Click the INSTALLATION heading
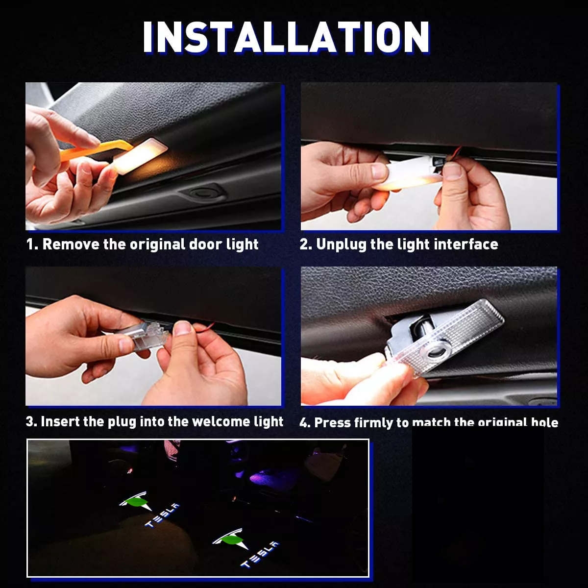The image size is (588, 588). (x=287, y=38)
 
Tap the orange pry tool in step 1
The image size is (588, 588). (x=98, y=149)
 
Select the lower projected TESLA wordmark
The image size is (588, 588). (x=260, y=554)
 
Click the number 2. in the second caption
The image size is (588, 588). (x=306, y=244)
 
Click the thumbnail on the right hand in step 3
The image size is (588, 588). (x=183, y=328)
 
